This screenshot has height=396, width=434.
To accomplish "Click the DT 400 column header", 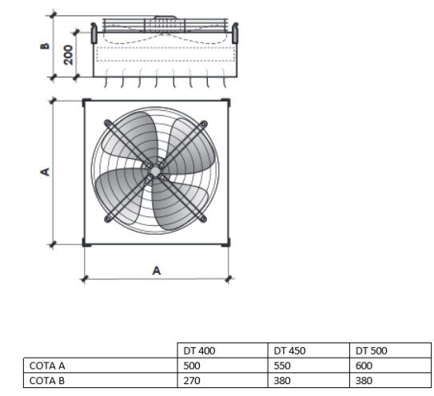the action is [x=199, y=350].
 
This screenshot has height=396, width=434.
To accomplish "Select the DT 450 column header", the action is [x=289, y=350].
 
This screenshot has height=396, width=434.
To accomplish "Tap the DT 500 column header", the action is [x=371, y=350].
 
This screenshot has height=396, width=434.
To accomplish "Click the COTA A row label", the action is [x=47, y=366].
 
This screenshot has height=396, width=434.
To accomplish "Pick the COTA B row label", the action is [x=47, y=381].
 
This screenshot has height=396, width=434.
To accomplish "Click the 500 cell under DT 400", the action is [x=192, y=366].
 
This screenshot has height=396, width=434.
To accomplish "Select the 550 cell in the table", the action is [x=282, y=366].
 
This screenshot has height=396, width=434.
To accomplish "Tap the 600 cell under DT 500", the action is [x=364, y=366].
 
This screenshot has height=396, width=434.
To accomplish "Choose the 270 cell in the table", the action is [x=192, y=381].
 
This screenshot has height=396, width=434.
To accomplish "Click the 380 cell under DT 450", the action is [x=282, y=381].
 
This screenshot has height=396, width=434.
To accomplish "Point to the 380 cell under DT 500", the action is [x=364, y=381].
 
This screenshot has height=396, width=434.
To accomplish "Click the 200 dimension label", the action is [x=68, y=55].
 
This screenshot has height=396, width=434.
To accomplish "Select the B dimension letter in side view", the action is [x=45, y=46].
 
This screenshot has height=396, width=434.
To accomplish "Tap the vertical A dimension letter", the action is [x=45, y=172].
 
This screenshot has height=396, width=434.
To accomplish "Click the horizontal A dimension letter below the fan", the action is [x=157, y=271].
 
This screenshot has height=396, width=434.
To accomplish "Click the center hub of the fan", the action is [x=155, y=172].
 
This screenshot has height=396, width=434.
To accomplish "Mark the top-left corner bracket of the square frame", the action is [x=86, y=102].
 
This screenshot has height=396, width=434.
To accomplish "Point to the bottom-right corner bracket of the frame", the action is [x=226, y=243].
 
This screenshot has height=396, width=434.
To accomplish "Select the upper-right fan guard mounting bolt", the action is [x=204, y=123].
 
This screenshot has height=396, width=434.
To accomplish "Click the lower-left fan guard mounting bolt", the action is [x=107, y=219].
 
